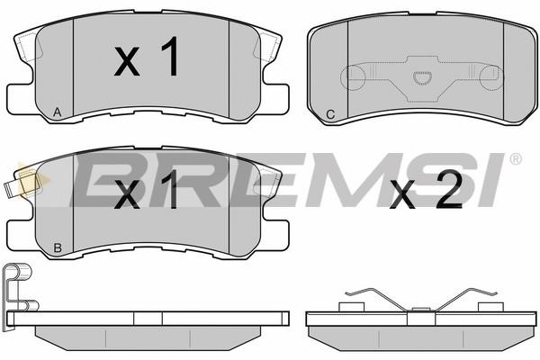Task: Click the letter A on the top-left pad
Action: pos(58,112)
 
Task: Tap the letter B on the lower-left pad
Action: pos(58,247)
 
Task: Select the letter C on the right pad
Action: pos(330,114)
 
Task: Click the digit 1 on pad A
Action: pos(170,56)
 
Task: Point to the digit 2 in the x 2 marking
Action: pos(449,190)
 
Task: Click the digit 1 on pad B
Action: pos(169,189)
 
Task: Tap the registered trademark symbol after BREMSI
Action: pos(515,158)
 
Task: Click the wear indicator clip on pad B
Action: pos(22,184)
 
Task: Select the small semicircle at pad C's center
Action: pos(421,77)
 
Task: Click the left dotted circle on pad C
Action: pos(352,78)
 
